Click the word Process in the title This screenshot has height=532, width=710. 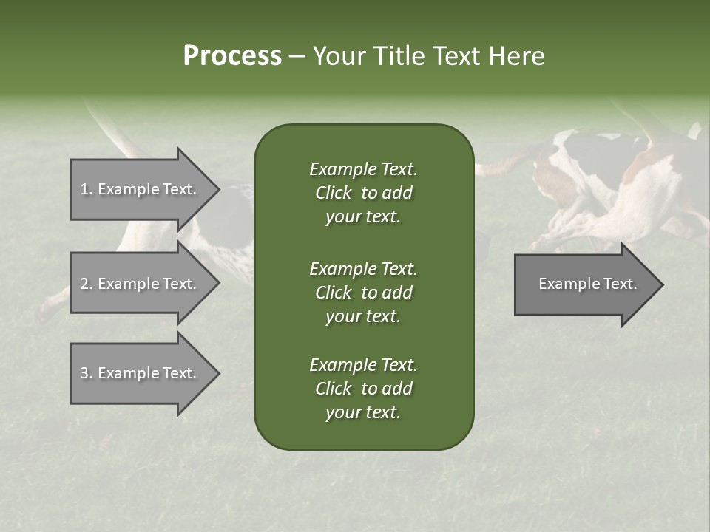pyautogui.click(x=231, y=56)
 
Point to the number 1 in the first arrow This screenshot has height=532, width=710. pyautogui.click(x=84, y=189)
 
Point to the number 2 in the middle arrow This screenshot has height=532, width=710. pyautogui.click(x=84, y=284)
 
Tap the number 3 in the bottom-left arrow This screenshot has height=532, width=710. pyautogui.click(x=84, y=373)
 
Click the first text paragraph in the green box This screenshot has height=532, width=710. pyautogui.click(x=363, y=193)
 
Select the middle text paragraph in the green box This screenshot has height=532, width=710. pyautogui.click(x=363, y=292)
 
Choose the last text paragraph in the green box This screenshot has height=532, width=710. pyautogui.click(x=363, y=389)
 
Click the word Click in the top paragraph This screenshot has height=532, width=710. pyautogui.click(x=333, y=193)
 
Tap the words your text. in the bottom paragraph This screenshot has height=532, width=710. pyautogui.click(x=363, y=413)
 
